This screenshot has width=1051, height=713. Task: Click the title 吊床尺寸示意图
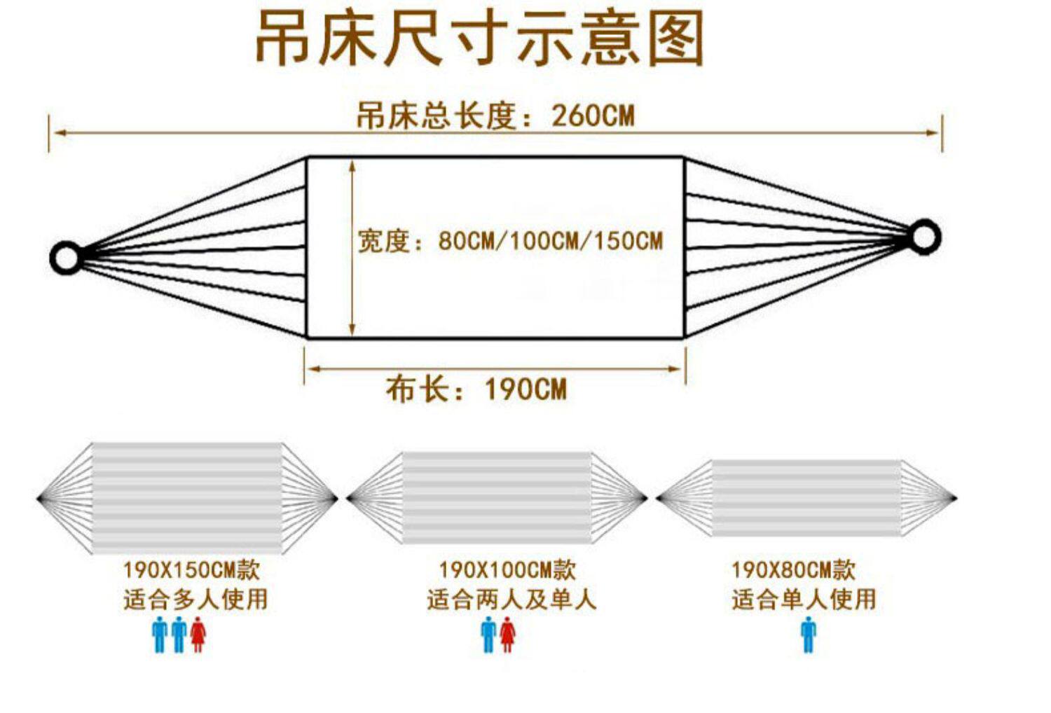point(479,39)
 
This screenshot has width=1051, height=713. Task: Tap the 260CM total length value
point(593,116)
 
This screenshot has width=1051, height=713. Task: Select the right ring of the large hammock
point(923,237)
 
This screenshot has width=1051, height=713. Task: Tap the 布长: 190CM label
point(476,389)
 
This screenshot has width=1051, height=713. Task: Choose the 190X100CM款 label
point(507,569)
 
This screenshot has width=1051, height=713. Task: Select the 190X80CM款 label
point(793,569)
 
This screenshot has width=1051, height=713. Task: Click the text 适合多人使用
point(195,600)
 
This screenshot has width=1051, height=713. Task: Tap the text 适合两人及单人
point(511,600)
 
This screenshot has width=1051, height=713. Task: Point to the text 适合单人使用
point(804,600)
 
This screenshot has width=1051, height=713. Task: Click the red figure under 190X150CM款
point(198,635)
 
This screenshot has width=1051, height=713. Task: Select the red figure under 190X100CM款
point(507,635)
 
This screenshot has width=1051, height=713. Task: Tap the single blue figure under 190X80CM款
point(809,635)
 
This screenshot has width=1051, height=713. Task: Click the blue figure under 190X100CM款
point(488,635)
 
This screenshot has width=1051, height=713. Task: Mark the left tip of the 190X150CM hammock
point(39,499)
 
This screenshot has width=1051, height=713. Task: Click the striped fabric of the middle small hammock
point(497,498)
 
